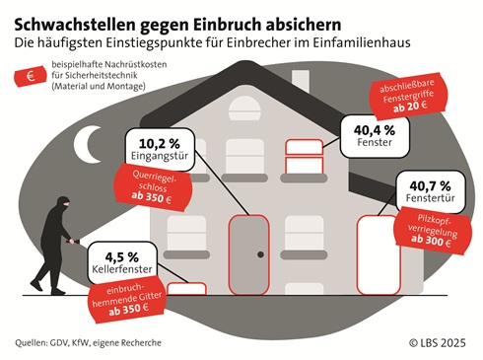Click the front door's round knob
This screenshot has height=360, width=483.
pos(262,253)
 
